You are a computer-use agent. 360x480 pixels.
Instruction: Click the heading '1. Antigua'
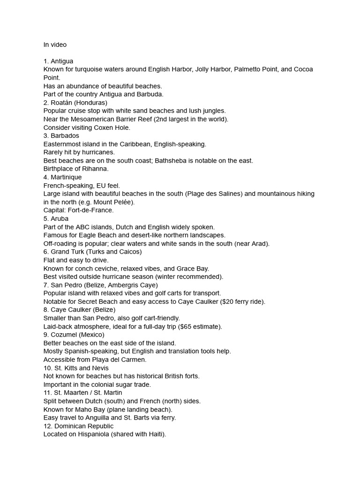[x=58, y=61]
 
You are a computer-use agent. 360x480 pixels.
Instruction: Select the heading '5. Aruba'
[x=56, y=218]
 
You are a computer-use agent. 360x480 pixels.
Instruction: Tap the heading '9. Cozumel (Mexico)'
[x=74, y=335]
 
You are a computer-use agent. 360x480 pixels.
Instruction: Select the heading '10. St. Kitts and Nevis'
[x=76, y=368]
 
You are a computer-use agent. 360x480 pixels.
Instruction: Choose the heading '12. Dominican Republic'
[x=79, y=426]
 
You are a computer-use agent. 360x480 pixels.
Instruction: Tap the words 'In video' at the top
[x=55, y=45]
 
